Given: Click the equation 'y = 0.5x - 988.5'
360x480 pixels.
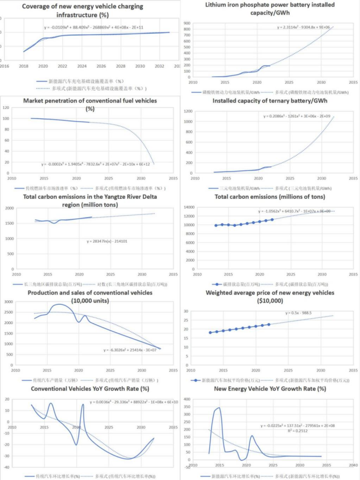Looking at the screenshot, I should pyautogui.click(x=300, y=312).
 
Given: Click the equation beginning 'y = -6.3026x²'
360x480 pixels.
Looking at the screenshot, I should pyautogui.click(x=131, y=350).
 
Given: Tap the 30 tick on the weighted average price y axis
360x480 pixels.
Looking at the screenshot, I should pyautogui.click(x=187, y=311).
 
